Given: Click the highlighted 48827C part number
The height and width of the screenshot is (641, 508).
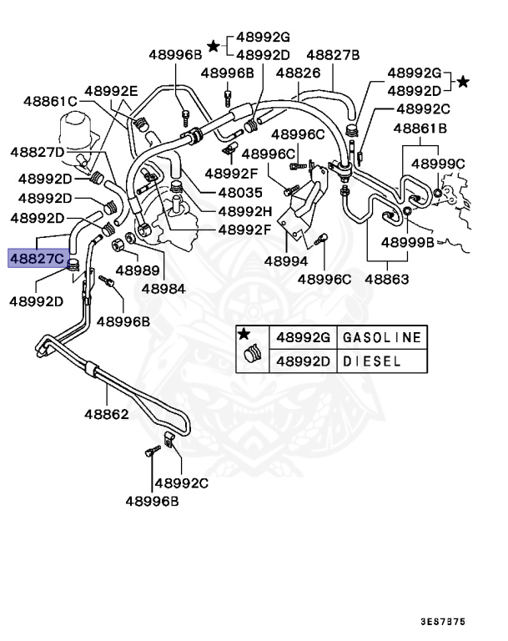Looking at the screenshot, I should click(x=36, y=258).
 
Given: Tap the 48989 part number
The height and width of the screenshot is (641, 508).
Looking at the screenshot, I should click(x=137, y=270).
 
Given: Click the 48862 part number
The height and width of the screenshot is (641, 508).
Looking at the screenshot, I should click(x=106, y=412).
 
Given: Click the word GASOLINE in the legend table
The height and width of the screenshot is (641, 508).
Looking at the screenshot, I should click(x=383, y=337).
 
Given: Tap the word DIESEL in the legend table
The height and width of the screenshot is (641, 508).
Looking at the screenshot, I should click(x=371, y=361).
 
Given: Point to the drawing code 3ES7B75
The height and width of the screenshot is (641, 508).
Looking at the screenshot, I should click(x=456, y=622).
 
